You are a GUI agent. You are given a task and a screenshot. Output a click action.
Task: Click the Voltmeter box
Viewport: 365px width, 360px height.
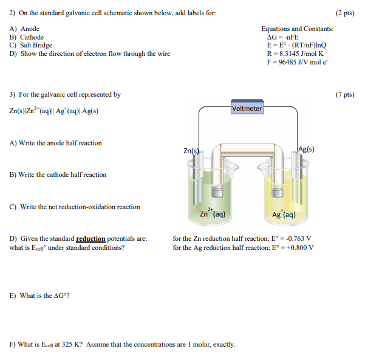click(x=247, y=108)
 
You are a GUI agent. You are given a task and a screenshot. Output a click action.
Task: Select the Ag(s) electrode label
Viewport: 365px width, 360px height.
click(x=307, y=149)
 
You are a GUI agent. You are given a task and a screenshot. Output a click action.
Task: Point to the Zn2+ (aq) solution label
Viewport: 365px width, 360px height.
click(x=213, y=214)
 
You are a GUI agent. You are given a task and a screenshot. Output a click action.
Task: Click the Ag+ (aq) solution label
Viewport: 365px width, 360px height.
click(x=284, y=215)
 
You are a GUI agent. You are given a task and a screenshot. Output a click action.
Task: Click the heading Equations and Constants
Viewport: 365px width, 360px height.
click(x=297, y=29)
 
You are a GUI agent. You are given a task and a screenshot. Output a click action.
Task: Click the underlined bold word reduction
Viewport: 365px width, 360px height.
click(x=90, y=239)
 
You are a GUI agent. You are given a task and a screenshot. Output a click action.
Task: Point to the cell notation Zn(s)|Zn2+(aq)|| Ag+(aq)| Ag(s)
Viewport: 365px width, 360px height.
click(x=54, y=111)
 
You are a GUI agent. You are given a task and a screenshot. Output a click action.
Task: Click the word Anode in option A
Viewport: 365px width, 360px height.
click(x=30, y=29)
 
